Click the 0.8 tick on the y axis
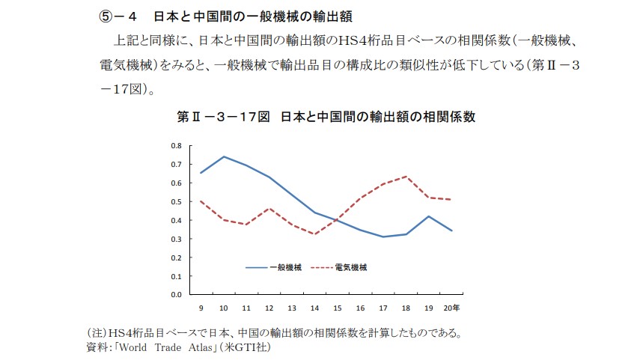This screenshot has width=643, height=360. pyautogui.click(x=176, y=145)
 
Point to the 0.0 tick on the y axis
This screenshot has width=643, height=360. pyautogui.click(x=176, y=295)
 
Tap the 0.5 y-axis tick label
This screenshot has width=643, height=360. pyautogui.click(x=176, y=201)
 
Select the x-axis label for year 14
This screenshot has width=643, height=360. pyautogui.click(x=315, y=308)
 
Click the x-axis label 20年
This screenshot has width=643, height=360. pyautogui.click(x=453, y=308)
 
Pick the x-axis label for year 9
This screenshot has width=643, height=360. pyautogui.click(x=201, y=308)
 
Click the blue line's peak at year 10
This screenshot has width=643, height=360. pyautogui.click(x=224, y=156)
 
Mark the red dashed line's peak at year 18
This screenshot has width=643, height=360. pyautogui.click(x=406, y=177)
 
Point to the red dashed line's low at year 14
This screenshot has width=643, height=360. pyautogui.click(x=315, y=234)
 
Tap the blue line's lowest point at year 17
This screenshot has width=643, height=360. pyautogui.click(x=383, y=237)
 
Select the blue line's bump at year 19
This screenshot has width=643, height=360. pyautogui.click(x=428, y=216)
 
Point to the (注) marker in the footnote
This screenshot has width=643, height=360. pyautogui.click(x=97, y=333)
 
